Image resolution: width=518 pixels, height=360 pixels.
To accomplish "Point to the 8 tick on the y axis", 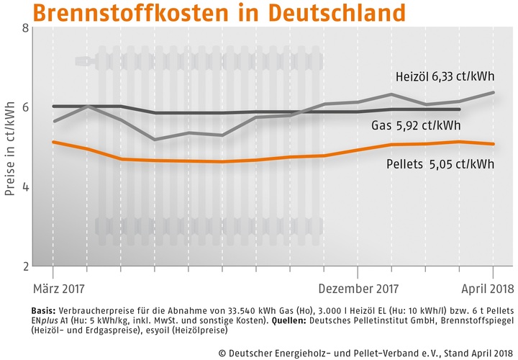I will pyautogui.click(x=25, y=28).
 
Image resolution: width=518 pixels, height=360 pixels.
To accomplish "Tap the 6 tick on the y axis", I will pyautogui.click(x=25, y=107).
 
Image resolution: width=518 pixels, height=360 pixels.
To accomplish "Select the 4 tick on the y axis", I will pyautogui.click(x=25, y=186).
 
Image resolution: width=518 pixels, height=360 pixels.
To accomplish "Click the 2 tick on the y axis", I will pyautogui.click(x=25, y=266).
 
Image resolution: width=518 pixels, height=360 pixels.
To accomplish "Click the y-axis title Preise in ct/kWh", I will pyautogui.click(x=10, y=146).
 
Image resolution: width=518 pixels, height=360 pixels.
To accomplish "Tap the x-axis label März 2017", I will pyautogui.click(x=58, y=289).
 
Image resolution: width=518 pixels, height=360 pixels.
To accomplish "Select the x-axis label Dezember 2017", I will pyautogui.click(x=358, y=289).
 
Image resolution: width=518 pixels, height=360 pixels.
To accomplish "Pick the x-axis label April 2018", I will pyautogui.click(x=487, y=289).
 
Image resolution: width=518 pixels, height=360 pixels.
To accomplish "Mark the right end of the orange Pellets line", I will pyautogui.click(x=493, y=144).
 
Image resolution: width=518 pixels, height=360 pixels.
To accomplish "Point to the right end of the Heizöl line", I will pyautogui.click(x=493, y=92).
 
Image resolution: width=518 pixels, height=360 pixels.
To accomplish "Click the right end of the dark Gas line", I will pyautogui.click(x=460, y=109).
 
